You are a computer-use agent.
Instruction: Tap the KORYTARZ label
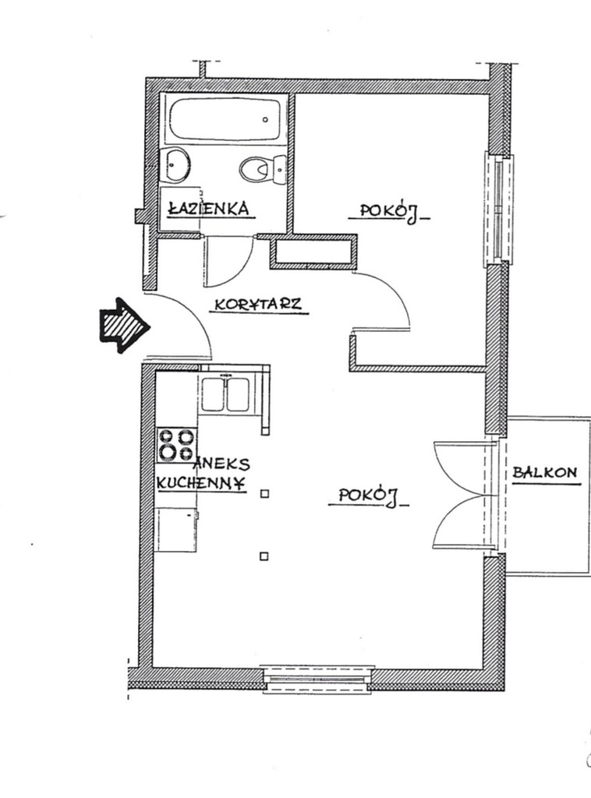click(258, 305)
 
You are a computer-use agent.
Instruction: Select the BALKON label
click(545, 472)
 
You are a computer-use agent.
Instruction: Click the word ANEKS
click(222, 463)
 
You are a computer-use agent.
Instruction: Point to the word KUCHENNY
click(201, 482)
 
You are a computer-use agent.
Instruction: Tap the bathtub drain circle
click(265, 120)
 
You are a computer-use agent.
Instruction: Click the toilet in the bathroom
click(263, 169)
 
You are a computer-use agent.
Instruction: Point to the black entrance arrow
click(124, 326)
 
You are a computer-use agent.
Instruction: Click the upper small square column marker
click(264, 493)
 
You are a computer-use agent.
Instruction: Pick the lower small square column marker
click(264, 556)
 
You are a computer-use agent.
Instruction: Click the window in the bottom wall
click(319, 679)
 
